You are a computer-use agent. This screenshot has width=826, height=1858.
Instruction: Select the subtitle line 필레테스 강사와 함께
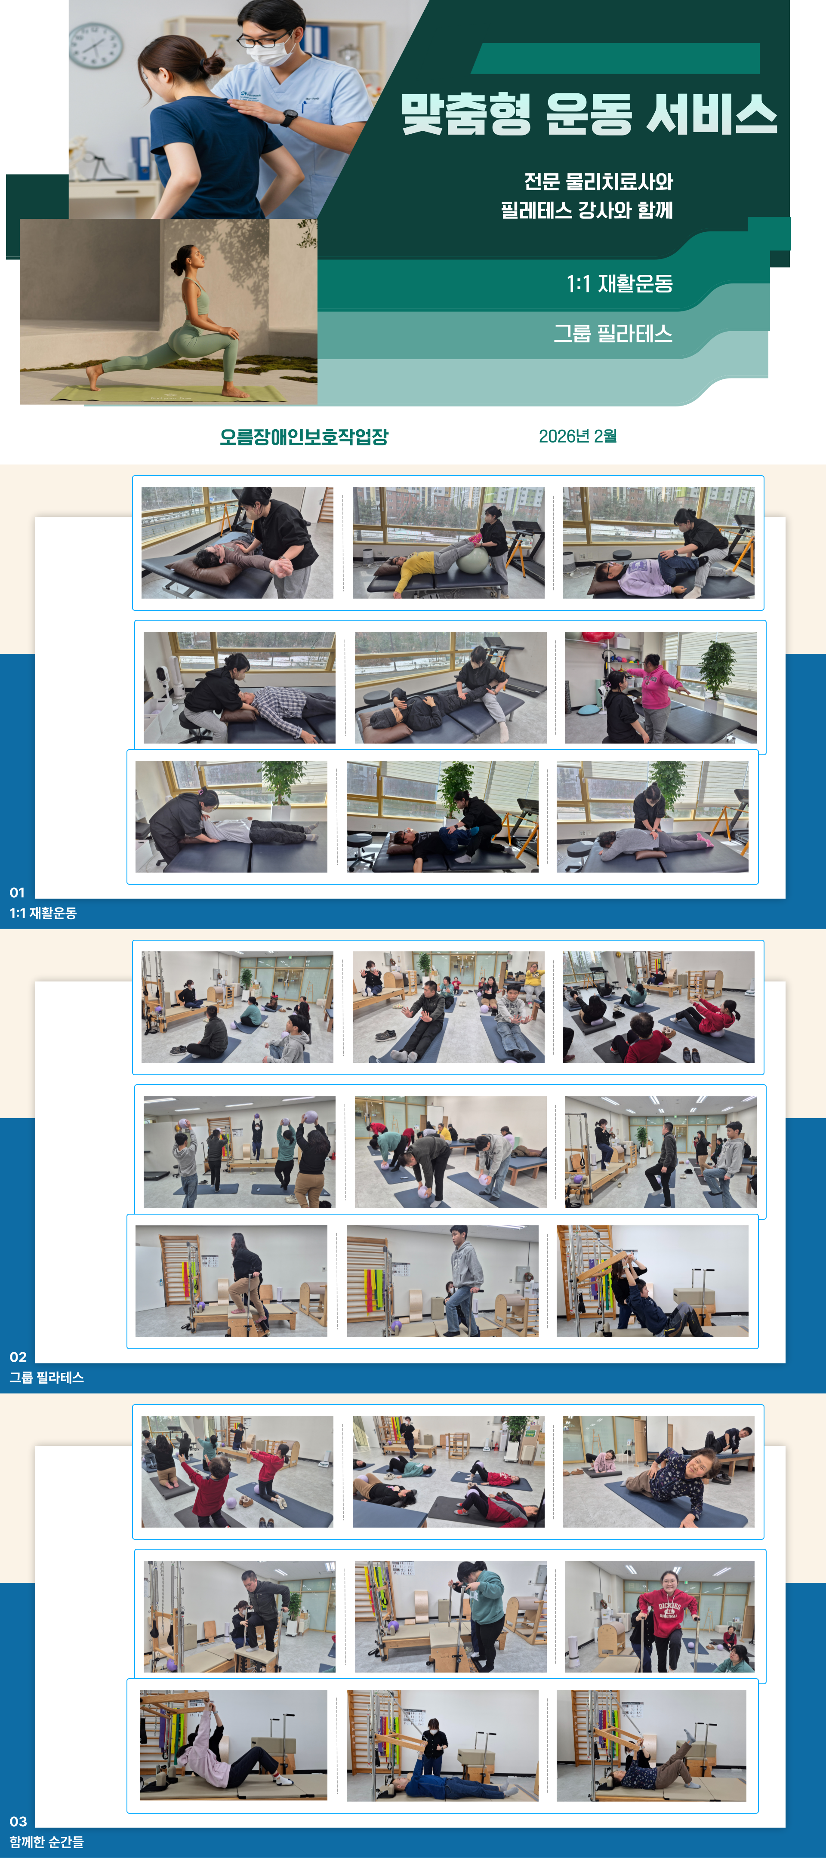[586, 210]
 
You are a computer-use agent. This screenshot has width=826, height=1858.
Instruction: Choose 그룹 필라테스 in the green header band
[613, 333]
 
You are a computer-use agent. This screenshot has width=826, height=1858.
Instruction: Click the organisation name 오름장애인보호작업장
[304, 437]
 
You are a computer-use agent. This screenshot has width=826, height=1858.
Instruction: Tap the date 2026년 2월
[578, 436]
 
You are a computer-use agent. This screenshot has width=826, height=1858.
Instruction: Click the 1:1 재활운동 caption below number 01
[43, 913]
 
